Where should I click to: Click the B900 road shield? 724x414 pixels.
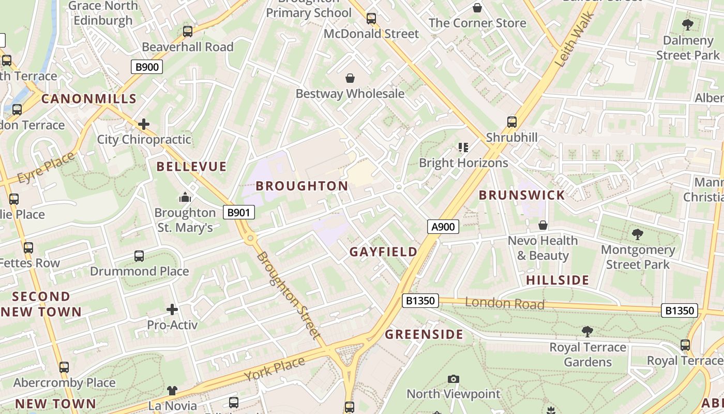coord(147,67)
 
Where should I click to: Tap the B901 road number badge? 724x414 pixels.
coord(239,212)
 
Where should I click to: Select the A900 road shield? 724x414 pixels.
coord(443,227)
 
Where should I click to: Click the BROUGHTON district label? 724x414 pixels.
coord(302,186)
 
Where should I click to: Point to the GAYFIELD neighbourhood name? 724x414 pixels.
coord(383,252)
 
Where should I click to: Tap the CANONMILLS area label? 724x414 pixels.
coord(89,99)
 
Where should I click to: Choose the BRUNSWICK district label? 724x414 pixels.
coord(522,195)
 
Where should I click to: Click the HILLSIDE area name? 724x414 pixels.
coord(557,280)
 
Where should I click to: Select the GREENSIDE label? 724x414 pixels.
coord(424,334)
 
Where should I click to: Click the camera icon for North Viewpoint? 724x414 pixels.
coord(454,379)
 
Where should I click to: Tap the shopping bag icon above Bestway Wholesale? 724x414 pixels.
coord(350,79)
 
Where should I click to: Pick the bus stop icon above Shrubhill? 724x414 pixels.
coord(512,122)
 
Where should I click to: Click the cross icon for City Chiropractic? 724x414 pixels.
coord(144,124)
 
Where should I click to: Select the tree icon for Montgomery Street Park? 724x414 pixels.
coord(638,234)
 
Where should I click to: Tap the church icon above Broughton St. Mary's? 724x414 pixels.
coord(185,197)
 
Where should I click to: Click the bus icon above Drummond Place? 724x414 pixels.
coord(139,256)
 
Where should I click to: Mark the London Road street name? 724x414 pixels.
coord(505,303)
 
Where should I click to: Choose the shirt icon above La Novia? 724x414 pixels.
coord(172,391)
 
